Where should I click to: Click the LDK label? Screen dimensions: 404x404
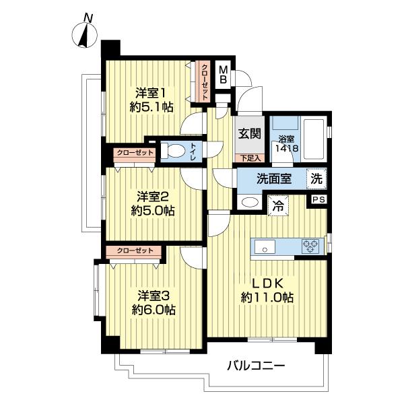[268, 282]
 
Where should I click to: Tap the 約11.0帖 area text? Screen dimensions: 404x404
[268, 297]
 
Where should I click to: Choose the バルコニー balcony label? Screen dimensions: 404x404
[255, 367]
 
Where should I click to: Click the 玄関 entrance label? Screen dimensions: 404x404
[248, 133]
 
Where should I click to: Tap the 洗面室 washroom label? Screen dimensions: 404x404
[273, 180]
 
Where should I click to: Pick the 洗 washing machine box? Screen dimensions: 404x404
[316, 180]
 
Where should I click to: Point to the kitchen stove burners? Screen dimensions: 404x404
[311, 246]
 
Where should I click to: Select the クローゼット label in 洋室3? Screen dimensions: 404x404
[135, 250]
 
